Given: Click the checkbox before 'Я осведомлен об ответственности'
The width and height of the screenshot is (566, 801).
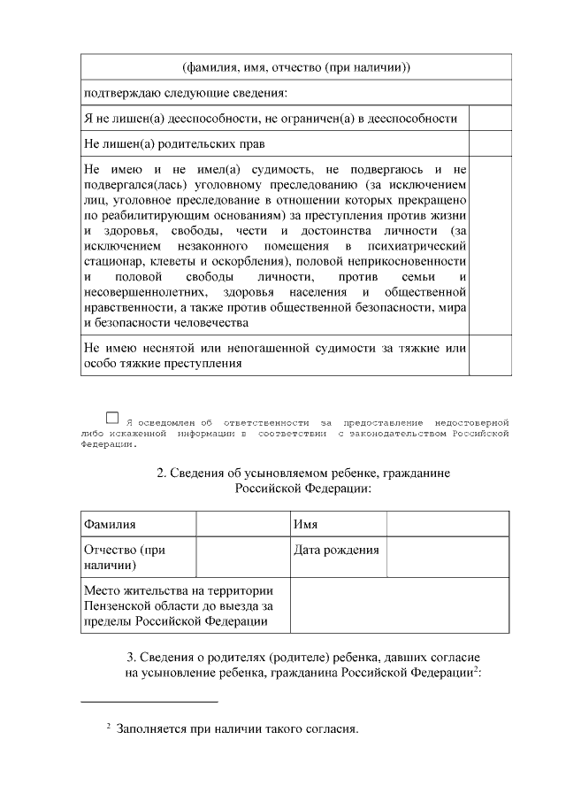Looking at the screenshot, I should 112,417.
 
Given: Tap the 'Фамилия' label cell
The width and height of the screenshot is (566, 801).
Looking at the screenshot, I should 138,525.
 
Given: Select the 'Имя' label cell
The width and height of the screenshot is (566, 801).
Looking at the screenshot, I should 338,525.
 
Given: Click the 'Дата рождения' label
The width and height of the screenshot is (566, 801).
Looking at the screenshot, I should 338,550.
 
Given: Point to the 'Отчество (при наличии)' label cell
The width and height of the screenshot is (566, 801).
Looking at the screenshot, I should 138,557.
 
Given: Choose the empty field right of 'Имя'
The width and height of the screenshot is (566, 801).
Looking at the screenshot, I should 447,525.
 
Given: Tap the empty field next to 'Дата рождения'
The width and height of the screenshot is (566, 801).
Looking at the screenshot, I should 447,557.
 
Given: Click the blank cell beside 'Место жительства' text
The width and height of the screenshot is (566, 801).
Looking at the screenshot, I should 400,606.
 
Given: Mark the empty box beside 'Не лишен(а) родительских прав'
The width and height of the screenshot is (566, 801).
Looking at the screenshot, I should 489,143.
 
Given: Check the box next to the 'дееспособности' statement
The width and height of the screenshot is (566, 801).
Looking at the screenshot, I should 489,119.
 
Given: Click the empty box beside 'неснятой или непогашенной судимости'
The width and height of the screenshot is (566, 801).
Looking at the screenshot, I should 489,356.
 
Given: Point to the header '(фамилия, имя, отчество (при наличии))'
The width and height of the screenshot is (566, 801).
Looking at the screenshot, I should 295,68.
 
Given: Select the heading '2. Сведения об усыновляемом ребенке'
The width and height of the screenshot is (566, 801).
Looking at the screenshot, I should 295,481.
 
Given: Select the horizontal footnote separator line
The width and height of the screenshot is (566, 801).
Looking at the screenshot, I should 149,702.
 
